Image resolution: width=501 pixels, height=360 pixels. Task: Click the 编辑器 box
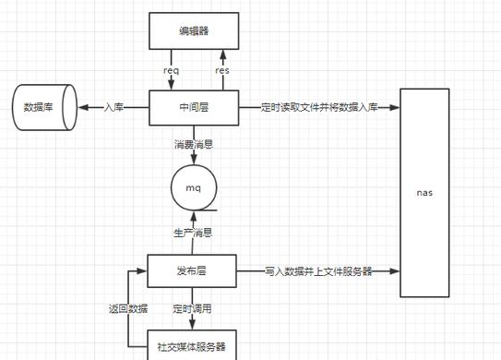coord(194,31)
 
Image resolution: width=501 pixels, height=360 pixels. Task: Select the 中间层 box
coord(194,107)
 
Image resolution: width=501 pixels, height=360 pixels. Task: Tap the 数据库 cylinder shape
coord(42,107)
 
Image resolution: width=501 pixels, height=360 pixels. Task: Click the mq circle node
coord(194,188)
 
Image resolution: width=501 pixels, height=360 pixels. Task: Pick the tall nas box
coord(424,192)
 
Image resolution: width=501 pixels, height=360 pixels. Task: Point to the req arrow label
coord(172,70)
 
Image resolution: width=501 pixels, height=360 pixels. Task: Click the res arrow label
coord(222,70)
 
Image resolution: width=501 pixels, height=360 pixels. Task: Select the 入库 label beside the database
coord(114,108)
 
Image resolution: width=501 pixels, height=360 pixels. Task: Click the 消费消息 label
coord(194,145)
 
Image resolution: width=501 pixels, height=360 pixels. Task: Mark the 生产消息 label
coord(194,233)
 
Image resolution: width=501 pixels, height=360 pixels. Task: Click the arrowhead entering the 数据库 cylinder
coord(81,108)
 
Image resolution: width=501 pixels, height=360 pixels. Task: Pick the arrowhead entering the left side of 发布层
coord(144,272)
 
